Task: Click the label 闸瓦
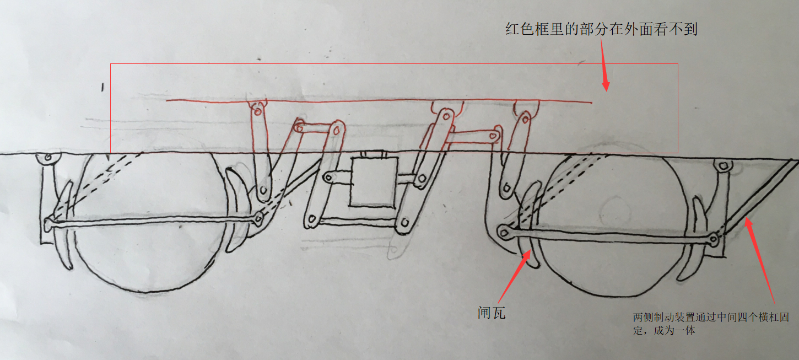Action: pyautogui.click(x=492, y=313)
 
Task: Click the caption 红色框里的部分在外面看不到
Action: pyautogui.click(x=601, y=29)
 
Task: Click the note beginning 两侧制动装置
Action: pyautogui.click(x=711, y=324)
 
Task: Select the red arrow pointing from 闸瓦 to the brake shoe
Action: pyautogui.click(x=514, y=276)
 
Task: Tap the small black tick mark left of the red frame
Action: pyautogui.click(x=102, y=87)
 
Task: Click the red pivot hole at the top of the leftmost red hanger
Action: pyautogui.click(x=257, y=111)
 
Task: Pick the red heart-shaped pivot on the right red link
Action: pyautogui.click(x=493, y=136)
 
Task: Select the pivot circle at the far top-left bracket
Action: pyautogui.click(x=48, y=157)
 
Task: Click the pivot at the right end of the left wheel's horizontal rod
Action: pyautogui.click(x=258, y=218)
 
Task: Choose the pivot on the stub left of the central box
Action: pyautogui.click(x=328, y=177)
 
